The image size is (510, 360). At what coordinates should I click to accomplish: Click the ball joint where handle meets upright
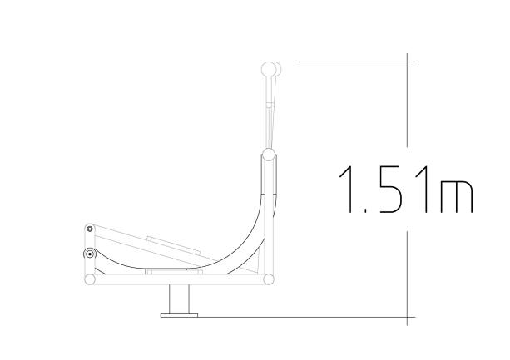pyautogui.click(x=268, y=155)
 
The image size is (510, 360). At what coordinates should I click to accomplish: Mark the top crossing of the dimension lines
pyautogui.click(x=408, y=61)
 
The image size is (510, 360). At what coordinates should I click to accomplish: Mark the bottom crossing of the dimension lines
pyautogui.click(x=408, y=317)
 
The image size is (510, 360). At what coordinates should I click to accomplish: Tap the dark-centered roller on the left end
pyautogui.click(x=88, y=254)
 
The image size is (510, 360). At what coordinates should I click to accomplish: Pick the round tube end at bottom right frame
pyautogui.click(x=268, y=279)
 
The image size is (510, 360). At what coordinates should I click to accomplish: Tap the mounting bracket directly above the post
pyautogui.click(x=174, y=271)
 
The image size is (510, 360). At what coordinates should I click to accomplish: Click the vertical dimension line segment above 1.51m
pyautogui.click(x=408, y=108)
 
